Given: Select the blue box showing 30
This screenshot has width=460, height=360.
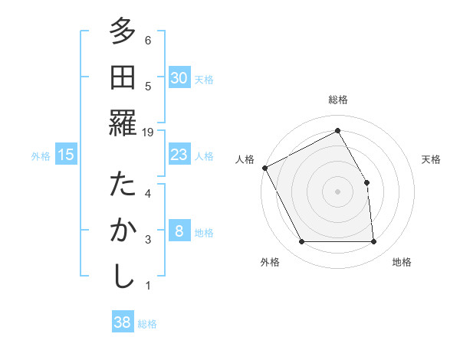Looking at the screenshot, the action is pyautogui.click(x=179, y=78).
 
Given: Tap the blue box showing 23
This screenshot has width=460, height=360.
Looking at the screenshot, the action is pyautogui.click(x=179, y=155).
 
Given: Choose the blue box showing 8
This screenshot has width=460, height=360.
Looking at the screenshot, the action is pyautogui.click(x=179, y=231).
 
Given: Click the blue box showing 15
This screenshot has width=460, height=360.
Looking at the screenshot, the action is pyautogui.click(x=66, y=155).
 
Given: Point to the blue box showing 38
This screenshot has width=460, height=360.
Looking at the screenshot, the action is pyautogui.click(x=122, y=322).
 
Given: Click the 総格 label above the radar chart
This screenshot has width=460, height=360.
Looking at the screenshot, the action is pyautogui.click(x=337, y=100).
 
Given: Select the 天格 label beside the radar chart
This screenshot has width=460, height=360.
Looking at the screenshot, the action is pyautogui.click(x=432, y=159).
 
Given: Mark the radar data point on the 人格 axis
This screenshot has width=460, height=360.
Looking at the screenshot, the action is pyautogui.click(x=265, y=168).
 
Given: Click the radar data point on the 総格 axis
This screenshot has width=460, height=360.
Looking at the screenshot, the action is pyautogui.click(x=337, y=130).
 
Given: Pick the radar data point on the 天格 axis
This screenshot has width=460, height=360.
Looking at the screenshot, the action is pyautogui.click(x=366, y=182).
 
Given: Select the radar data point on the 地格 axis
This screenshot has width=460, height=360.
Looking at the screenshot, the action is pyautogui.click(x=373, y=242).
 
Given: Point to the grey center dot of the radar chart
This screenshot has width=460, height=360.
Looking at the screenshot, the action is pyautogui.click(x=337, y=191).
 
